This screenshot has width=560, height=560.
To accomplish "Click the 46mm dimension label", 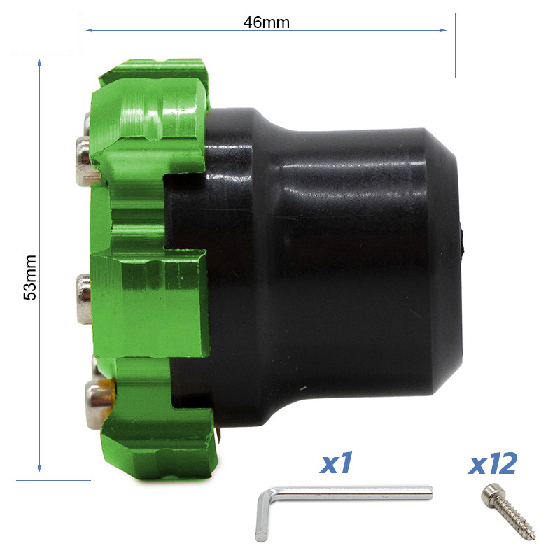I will [x=266, y=22].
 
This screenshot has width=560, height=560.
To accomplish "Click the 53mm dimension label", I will [x=30, y=277].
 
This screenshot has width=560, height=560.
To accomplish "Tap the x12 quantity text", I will [x=493, y=463].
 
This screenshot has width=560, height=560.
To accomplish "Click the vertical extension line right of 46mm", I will [x=455, y=44].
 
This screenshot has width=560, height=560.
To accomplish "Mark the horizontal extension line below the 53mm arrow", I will [x=53, y=480].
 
